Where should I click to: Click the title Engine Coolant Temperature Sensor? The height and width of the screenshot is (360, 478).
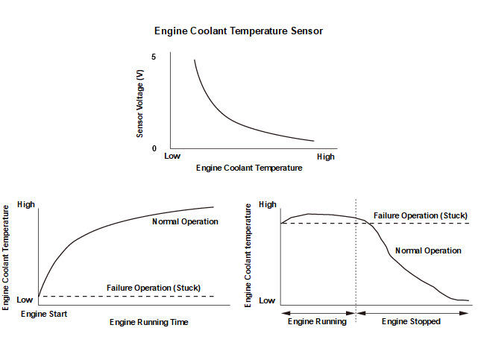point(239,31)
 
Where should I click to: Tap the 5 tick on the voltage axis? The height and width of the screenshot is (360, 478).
point(154,57)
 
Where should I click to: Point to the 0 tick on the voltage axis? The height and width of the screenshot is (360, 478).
point(154,148)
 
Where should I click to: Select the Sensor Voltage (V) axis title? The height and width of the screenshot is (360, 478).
point(139,102)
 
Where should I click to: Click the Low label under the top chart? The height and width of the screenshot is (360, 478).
point(173,157)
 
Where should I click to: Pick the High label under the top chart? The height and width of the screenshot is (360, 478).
point(326,157)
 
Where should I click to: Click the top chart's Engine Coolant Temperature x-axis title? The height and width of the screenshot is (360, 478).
point(249,168)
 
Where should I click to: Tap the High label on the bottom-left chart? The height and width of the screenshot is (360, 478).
point(26,204)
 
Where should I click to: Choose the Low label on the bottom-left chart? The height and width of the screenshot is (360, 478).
point(25,300)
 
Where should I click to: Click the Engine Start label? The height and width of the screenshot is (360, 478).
point(44,314)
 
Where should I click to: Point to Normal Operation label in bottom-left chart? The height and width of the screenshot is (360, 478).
point(185,221)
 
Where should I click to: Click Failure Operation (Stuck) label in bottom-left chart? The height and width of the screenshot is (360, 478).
point(154,288)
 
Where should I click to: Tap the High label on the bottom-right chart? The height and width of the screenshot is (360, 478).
point(267,204)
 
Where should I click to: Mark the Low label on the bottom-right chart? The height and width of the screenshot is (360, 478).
point(267,300)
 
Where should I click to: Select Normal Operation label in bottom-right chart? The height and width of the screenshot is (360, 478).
point(428,250)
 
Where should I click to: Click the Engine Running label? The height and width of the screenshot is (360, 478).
point(318,322)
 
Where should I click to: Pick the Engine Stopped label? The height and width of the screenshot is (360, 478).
point(412,322)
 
